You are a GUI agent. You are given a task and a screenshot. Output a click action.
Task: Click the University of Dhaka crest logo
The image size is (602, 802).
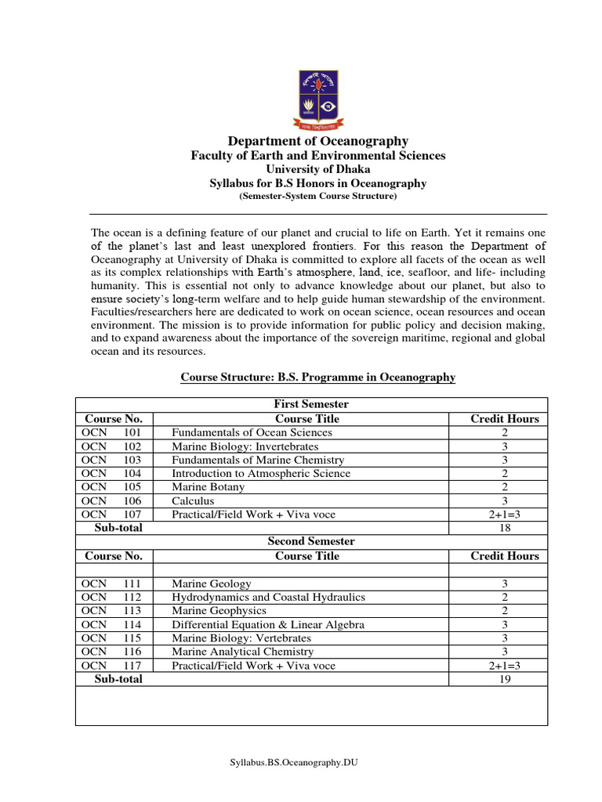[318, 99]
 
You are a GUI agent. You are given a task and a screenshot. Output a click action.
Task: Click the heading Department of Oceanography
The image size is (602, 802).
[318, 141]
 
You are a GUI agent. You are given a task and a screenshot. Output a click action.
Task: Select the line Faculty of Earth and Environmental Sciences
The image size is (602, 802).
[318, 156]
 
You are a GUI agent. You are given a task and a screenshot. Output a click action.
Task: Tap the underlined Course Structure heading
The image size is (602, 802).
[318, 377]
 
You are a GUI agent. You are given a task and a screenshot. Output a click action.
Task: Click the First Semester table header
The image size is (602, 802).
[311, 404]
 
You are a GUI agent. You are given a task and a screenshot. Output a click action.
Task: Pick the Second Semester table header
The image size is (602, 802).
[311, 541]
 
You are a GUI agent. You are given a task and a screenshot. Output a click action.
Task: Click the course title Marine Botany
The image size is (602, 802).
[209, 487]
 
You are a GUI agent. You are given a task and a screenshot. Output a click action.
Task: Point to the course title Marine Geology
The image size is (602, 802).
[212, 583]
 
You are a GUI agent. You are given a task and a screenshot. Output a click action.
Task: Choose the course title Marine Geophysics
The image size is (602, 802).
[219, 611]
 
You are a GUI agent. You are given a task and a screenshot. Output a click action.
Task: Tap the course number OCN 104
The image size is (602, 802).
[111, 473]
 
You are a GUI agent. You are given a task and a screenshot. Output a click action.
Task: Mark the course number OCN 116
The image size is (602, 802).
[111, 652]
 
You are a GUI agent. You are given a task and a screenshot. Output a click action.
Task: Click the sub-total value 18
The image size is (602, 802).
[505, 529]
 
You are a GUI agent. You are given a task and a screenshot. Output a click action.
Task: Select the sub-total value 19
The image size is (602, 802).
[505, 680]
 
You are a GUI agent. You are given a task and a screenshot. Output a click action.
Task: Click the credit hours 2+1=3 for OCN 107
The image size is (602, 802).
[505, 515]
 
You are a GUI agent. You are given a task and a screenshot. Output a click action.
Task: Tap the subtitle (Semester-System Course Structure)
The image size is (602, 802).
[318, 197]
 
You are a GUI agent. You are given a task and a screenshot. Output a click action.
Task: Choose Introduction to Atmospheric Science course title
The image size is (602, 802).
[261, 473]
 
